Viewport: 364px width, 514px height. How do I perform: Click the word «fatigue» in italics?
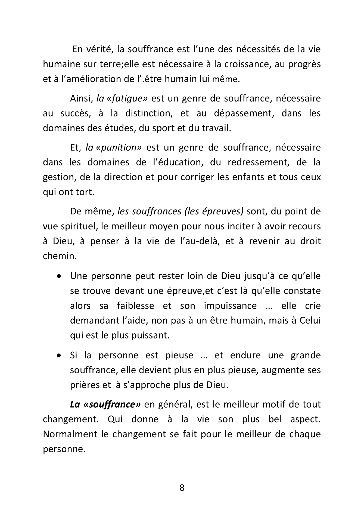click(x=126, y=99)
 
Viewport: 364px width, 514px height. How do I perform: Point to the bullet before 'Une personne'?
click(x=59, y=276)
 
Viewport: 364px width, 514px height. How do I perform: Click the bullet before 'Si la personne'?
click(x=59, y=356)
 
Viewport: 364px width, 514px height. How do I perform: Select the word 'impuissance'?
click(x=230, y=306)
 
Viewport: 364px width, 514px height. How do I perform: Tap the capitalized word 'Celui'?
click(x=310, y=321)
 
